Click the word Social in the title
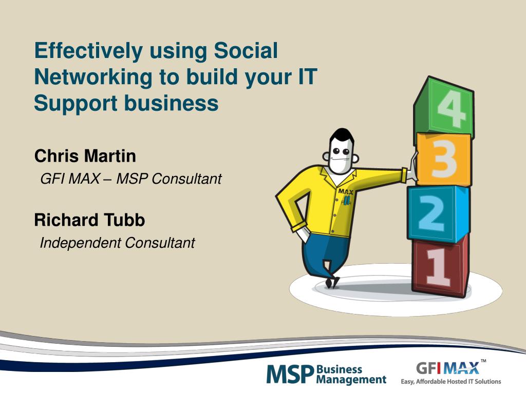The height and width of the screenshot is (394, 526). click(246, 51)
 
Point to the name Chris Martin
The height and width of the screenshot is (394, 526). click(85, 156)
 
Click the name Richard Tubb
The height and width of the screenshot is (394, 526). click(89, 220)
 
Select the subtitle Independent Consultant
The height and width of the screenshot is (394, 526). click(118, 243)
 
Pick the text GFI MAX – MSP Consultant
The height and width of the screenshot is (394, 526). click(131, 179)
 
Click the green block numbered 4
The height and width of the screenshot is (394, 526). click(443, 107)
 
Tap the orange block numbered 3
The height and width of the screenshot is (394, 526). click(443, 160)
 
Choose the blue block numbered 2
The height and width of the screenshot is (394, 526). click(438, 213)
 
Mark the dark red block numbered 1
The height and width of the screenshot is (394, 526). click(440, 265)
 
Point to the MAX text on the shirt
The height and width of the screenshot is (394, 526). click(346, 192)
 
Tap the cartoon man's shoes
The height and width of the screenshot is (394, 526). click(332, 282)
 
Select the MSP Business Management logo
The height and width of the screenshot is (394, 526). click(326, 374)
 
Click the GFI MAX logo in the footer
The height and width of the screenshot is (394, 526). click(447, 368)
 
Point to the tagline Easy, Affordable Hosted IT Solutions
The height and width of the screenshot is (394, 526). click(450, 381)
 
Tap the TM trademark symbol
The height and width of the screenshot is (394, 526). click(483, 361)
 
